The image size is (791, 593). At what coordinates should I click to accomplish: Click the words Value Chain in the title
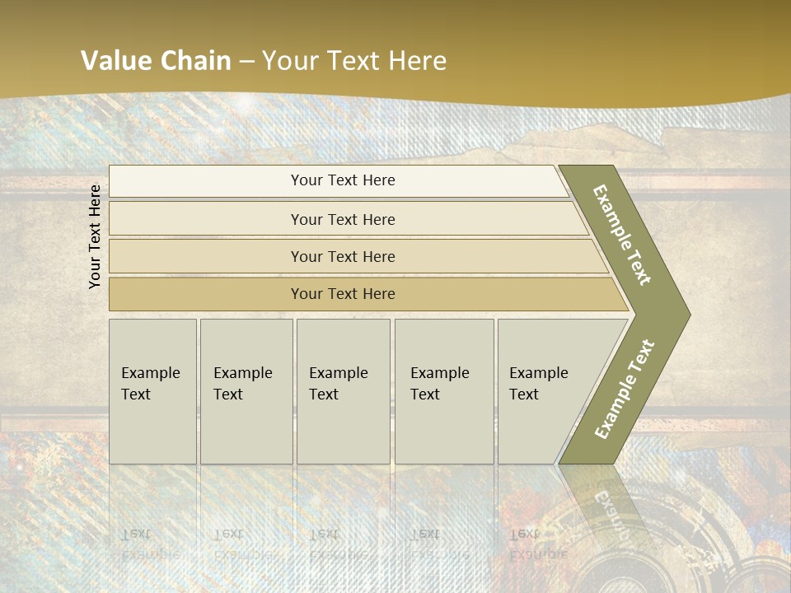tap(156, 61)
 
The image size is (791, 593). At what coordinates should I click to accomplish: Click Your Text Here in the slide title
tap(354, 61)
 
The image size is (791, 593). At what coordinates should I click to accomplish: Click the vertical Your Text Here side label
tap(95, 236)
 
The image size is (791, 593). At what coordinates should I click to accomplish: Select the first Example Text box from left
tap(152, 391)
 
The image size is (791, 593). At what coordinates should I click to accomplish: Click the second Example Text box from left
tap(246, 391)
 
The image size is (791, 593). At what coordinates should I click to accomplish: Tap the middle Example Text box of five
tap(343, 391)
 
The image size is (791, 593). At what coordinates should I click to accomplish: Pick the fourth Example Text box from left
tap(443, 391)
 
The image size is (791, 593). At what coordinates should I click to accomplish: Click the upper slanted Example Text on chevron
tap(622, 235)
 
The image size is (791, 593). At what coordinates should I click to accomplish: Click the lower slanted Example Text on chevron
tap(625, 389)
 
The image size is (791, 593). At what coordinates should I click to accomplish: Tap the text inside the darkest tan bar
tap(343, 294)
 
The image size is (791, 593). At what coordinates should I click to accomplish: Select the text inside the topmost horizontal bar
tap(343, 180)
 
